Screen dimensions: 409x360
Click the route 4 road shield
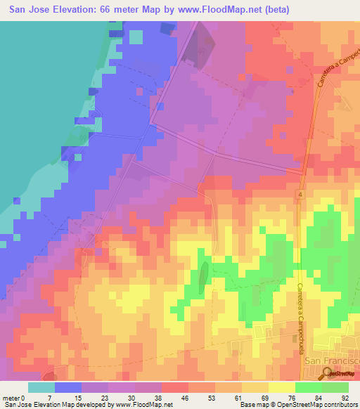point(299,194)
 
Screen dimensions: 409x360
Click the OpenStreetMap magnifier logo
point(327,373)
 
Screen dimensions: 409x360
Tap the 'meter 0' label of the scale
point(13,397)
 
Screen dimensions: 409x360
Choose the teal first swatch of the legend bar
point(41,387)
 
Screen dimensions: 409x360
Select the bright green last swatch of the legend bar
point(335,387)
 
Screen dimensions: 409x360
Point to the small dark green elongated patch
point(202,278)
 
